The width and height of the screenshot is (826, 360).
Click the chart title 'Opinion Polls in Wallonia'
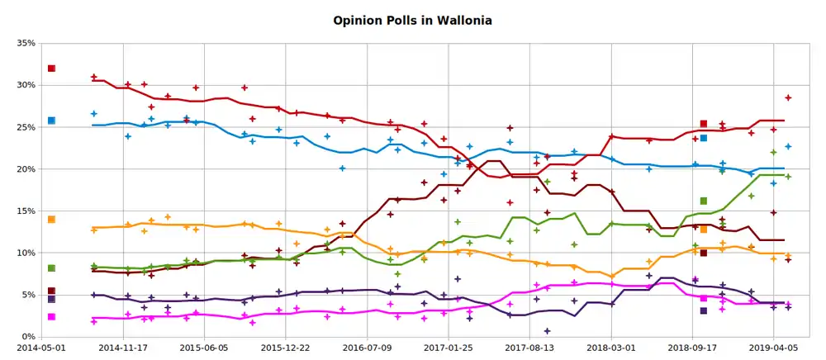413,19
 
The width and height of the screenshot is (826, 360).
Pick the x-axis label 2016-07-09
366,349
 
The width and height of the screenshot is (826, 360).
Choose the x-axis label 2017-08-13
529,349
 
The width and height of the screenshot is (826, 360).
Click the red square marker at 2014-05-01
51,69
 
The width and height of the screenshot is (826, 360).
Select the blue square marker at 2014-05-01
51,121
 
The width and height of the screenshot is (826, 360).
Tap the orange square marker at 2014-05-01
51,220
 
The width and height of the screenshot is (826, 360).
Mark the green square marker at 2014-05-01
51,268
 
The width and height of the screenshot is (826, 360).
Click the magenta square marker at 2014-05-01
51,317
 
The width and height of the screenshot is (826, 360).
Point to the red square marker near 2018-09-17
704,124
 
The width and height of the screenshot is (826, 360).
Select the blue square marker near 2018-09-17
704,139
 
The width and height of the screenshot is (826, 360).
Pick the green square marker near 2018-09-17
704,201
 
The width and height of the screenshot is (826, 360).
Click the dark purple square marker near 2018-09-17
704,311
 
